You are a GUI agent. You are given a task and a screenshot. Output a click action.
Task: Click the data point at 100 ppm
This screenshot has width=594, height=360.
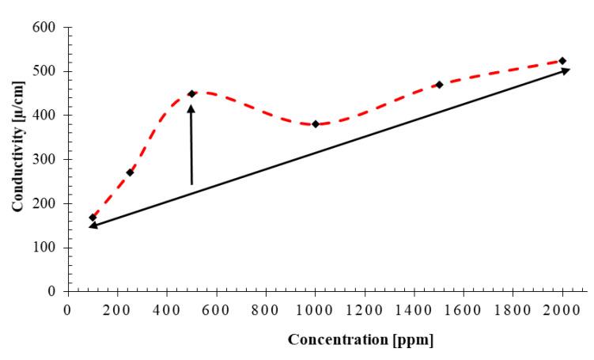[x=93, y=217]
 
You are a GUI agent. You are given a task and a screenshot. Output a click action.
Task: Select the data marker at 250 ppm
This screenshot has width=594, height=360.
[x=130, y=172]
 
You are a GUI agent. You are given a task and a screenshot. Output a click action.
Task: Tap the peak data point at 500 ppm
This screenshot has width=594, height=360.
[x=191, y=94]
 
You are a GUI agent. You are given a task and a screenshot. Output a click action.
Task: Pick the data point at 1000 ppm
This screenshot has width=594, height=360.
[x=316, y=124]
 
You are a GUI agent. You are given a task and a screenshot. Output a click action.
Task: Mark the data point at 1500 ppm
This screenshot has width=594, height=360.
[x=439, y=85]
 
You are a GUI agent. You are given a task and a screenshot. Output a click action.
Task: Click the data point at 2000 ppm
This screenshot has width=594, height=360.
[x=562, y=61]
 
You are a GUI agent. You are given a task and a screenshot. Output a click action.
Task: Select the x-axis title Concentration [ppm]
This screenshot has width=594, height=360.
[x=360, y=341]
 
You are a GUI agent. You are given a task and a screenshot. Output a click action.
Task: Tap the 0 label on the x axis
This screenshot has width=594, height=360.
[x=68, y=308]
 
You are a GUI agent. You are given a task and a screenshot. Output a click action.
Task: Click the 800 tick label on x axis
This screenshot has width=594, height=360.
[x=266, y=308]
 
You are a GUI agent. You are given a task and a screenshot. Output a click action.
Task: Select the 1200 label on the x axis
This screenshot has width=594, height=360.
[x=365, y=308]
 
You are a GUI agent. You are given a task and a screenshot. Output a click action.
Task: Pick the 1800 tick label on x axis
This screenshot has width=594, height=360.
[x=513, y=308]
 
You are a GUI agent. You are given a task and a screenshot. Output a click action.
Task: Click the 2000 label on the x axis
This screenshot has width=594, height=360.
[x=562, y=308]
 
